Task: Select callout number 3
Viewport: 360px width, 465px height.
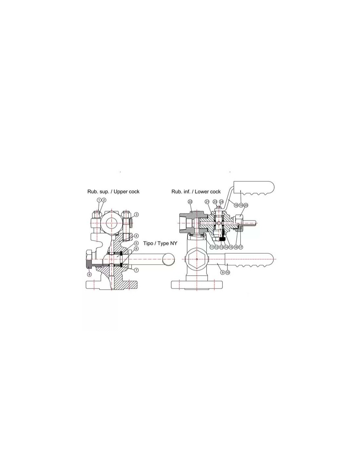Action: click(136, 215)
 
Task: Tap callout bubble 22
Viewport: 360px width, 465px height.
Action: click(190, 201)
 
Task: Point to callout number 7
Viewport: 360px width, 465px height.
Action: click(136, 270)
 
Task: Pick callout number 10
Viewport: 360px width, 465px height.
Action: click(227, 272)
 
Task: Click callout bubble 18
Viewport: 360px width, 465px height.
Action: click(236, 205)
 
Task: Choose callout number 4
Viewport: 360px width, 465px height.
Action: click(136, 236)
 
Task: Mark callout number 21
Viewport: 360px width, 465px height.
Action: click(207, 201)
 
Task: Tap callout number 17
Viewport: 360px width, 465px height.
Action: click(241, 247)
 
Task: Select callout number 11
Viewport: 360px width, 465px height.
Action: click(212, 247)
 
